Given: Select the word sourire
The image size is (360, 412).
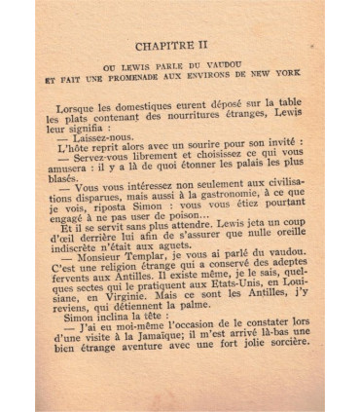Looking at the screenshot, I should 210,163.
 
